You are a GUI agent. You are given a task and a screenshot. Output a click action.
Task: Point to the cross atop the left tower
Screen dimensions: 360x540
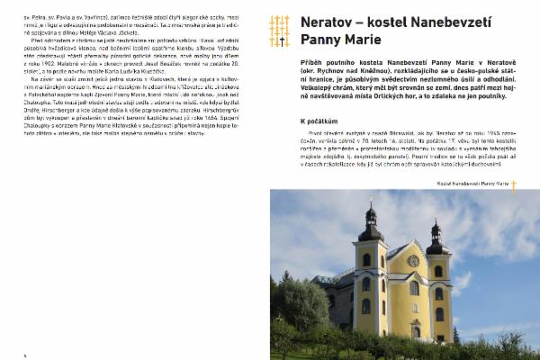point(371,200)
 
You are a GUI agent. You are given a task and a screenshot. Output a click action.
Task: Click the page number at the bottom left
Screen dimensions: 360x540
point(24,354)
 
